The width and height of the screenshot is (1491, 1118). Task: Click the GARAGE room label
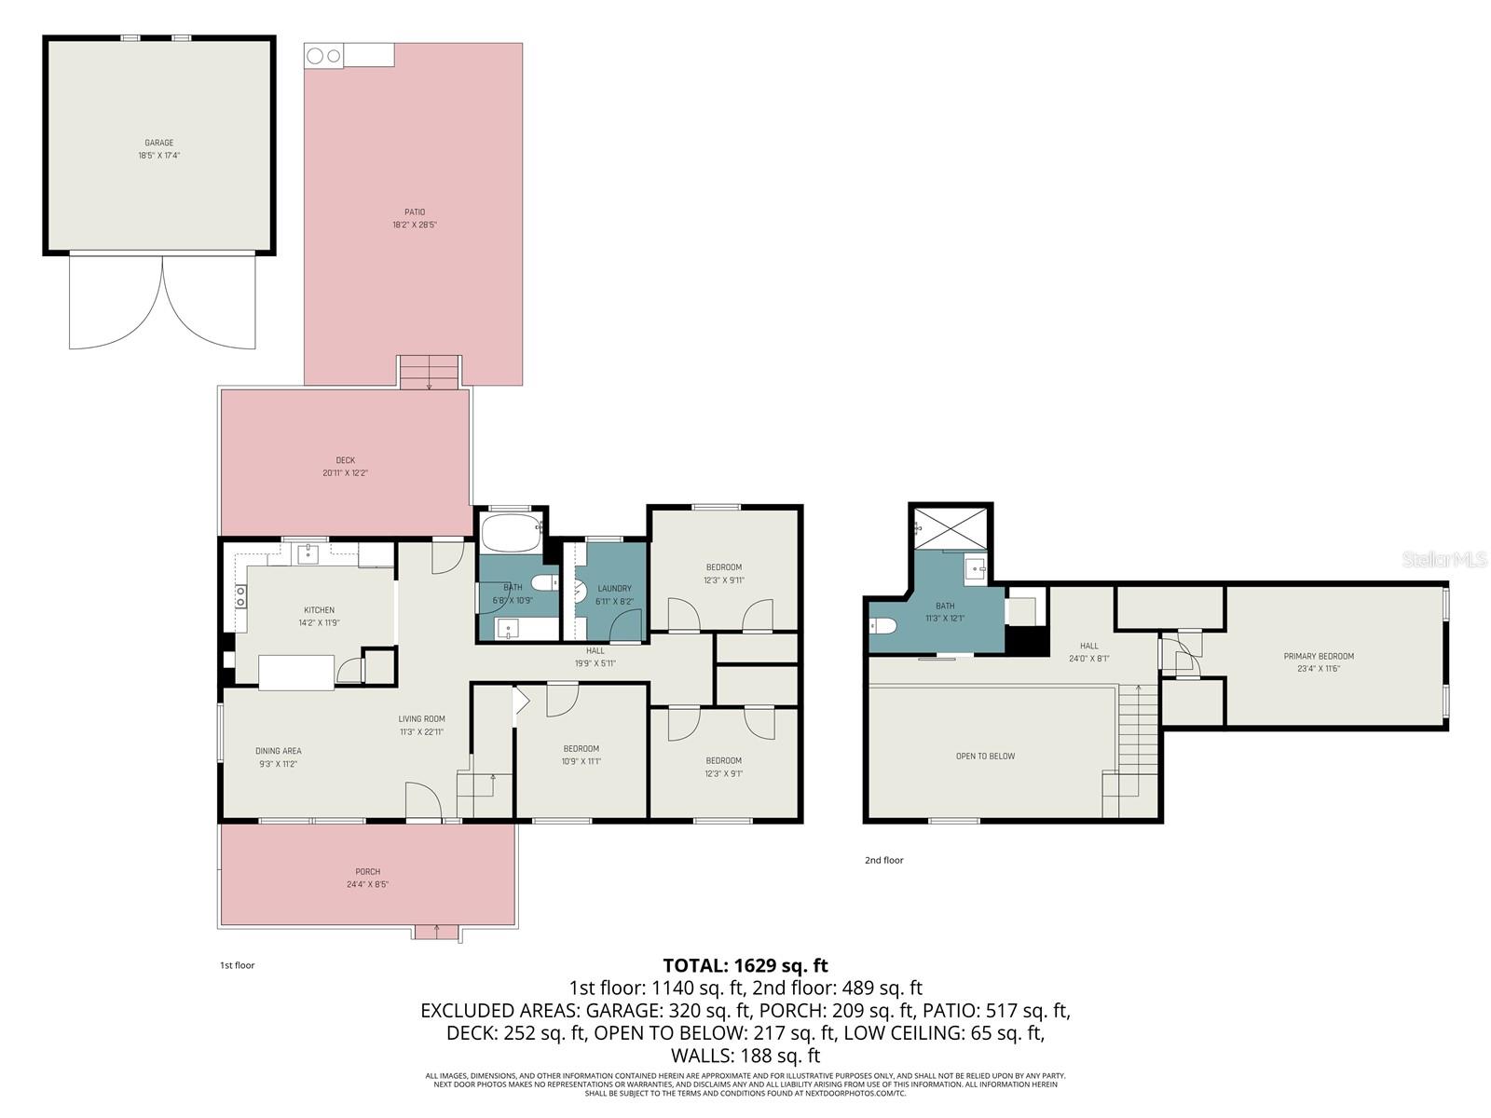tap(158, 143)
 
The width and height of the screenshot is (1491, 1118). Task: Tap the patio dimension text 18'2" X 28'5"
tap(415, 225)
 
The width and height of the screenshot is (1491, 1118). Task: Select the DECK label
tap(346, 460)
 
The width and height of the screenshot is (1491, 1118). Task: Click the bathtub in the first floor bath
tap(511, 534)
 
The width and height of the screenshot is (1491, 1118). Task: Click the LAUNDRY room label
tap(614, 588)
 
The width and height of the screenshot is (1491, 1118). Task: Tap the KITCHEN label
tap(319, 610)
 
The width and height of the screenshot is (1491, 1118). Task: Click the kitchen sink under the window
tap(307, 554)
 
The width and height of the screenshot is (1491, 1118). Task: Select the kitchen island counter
tap(296, 672)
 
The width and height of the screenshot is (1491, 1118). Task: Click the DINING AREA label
tap(279, 751)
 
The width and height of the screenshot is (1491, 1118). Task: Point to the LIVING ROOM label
tap(421, 718)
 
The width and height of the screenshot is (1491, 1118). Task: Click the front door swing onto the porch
tap(422, 801)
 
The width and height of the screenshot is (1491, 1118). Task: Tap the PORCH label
tap(367, 872)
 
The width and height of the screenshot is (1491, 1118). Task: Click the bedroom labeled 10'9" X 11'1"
tap(581, 755)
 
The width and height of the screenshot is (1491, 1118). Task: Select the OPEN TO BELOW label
tap(985, 756)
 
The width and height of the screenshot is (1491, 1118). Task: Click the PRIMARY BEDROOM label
tap(1319, 656)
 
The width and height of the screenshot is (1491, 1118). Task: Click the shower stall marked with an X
tap(951, 526)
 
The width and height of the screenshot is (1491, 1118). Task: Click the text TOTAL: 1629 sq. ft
tap(745, 965)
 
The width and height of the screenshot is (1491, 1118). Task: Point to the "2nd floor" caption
tap(883, 860)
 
